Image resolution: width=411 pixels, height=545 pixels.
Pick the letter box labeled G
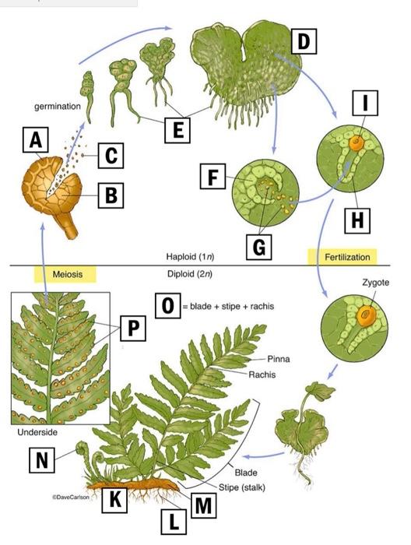pos(259,247)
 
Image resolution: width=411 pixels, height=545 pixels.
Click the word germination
pos(57,105)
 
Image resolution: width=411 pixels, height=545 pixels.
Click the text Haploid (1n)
pos(190,256)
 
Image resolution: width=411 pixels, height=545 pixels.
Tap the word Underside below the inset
pos(36,431)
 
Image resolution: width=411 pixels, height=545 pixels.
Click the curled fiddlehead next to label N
pos(80,449)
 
